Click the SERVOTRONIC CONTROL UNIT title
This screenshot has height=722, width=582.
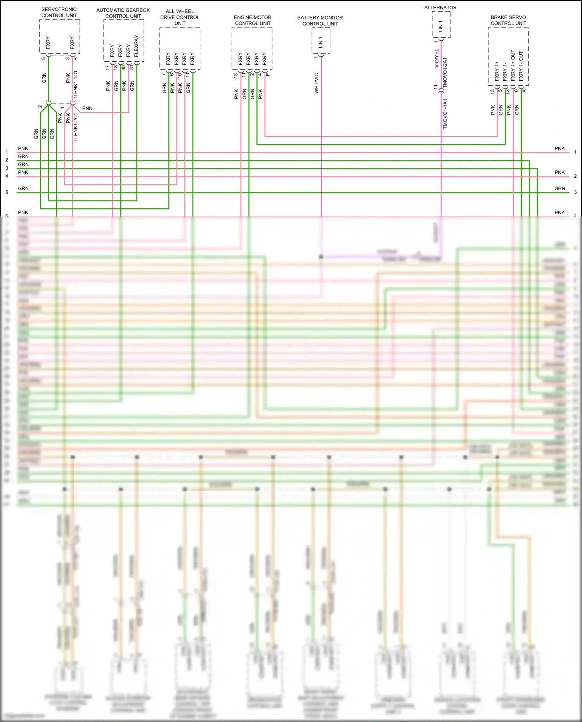[x=59, y=12]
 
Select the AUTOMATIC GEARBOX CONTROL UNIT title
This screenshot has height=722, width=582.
[x=123, y=13]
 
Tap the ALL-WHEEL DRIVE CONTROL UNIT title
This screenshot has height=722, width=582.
[x=180, y=17]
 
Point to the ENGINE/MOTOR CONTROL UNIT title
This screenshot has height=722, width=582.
[x=253, y=21]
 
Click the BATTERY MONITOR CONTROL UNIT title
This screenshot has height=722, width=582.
[x=320, y=21]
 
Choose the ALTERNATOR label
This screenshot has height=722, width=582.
[x=440, y=7]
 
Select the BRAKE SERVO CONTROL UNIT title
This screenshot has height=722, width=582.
[x=508, y=20]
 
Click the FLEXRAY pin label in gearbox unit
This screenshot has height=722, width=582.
[x=136, y=46]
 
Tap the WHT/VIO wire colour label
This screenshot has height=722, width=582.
[x=316, y=83]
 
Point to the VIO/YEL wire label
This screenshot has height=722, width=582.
[x=437, y=59]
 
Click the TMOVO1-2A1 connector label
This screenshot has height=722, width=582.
[x=445, y=73]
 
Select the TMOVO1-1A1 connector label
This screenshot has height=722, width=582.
[x=445, y=114]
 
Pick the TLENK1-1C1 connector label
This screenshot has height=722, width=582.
[x=76, y=85]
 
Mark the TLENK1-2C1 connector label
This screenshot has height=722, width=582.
[x=76, y=127]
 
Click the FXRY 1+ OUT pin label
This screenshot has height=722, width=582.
[x=513, y=66]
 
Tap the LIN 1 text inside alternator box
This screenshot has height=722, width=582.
[x=440, y=26]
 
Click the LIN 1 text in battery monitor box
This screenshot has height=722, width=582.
[x=320, y=42]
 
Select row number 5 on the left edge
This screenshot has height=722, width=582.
[x=7, y=192]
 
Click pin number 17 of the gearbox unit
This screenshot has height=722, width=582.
[x=107, y=68]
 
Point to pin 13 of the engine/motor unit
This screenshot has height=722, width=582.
[x=236, y=75]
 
